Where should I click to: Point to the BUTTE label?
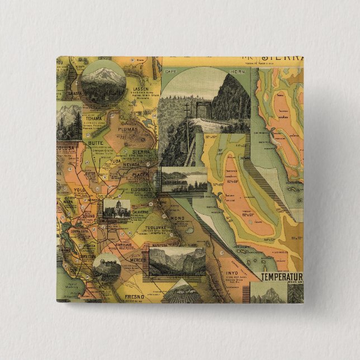pyautogui.click(x=96, y=144)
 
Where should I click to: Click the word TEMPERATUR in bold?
pyautogui.click(x=282, y=276)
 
